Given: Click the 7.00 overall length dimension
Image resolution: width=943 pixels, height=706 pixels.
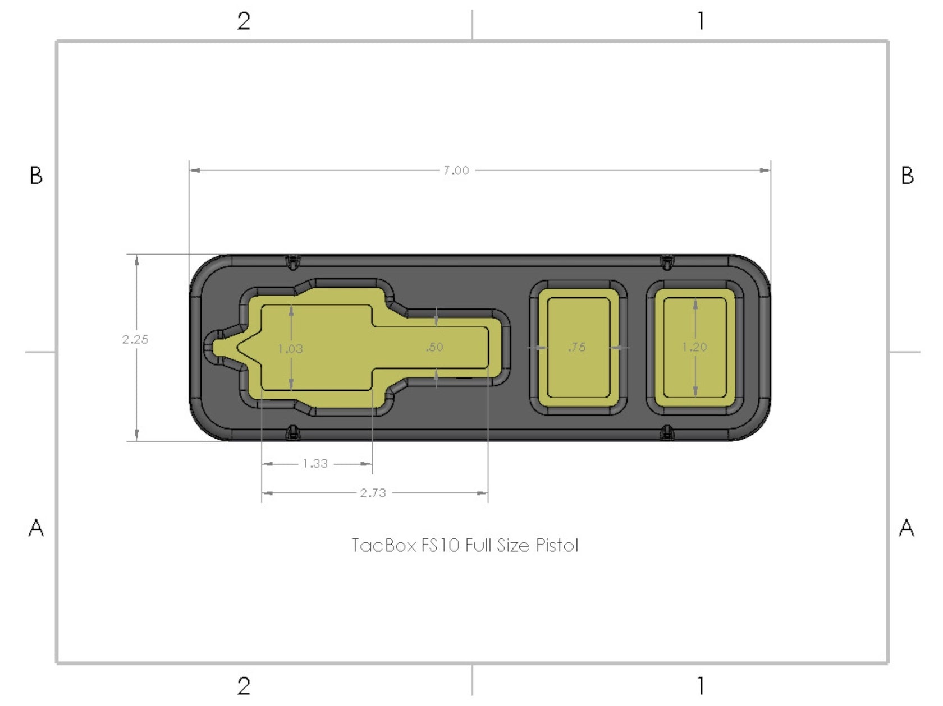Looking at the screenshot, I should pos(456,170).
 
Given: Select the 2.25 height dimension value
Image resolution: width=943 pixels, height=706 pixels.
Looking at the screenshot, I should pos(135,339).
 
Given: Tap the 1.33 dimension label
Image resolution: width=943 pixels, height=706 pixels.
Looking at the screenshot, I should pos(315,464).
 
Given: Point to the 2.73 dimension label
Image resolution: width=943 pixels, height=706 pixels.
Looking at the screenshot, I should pos(373,493).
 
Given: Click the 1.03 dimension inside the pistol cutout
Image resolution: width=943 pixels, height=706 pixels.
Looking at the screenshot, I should pos(290,349).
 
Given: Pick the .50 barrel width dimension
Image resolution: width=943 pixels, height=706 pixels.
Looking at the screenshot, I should pos(434,347).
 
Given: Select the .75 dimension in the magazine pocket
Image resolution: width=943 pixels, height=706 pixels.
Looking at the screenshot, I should pos(577,347).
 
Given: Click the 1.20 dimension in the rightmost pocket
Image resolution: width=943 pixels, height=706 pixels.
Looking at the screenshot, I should pos(694,347).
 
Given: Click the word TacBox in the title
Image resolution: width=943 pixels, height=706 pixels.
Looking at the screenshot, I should pos(383,545).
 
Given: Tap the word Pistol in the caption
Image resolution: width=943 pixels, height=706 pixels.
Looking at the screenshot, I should pos(556,545).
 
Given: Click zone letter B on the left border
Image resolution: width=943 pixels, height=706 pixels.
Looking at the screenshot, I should pos(36,176).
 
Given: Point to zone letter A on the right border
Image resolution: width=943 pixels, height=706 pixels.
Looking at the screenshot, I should pos(907,528).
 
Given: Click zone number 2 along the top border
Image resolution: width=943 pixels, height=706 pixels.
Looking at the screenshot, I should pos(244,21).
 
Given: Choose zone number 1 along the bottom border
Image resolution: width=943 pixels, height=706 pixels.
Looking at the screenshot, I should pos(701,685).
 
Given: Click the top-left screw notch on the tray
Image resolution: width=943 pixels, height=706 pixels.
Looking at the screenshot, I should pos(292,261).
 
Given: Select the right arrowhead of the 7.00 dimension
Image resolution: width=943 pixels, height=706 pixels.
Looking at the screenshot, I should pos(765,170).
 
